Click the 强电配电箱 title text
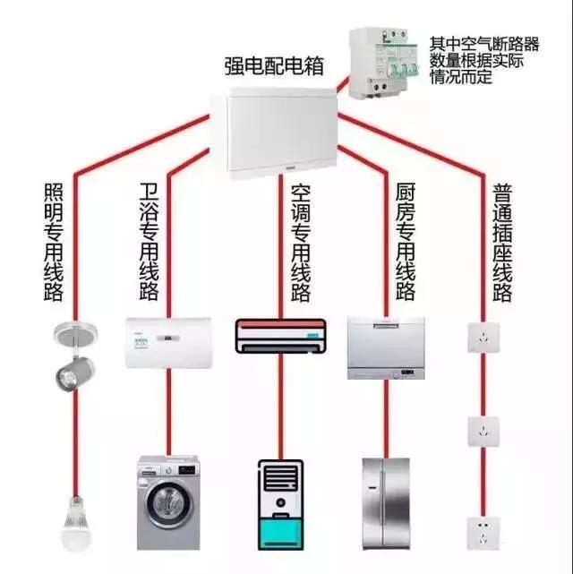pyautogui.click(x=274, y=66)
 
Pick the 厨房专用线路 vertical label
pyautogui.click(x=405, y=241)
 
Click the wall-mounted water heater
pyautogui.click(x=167, y=341)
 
